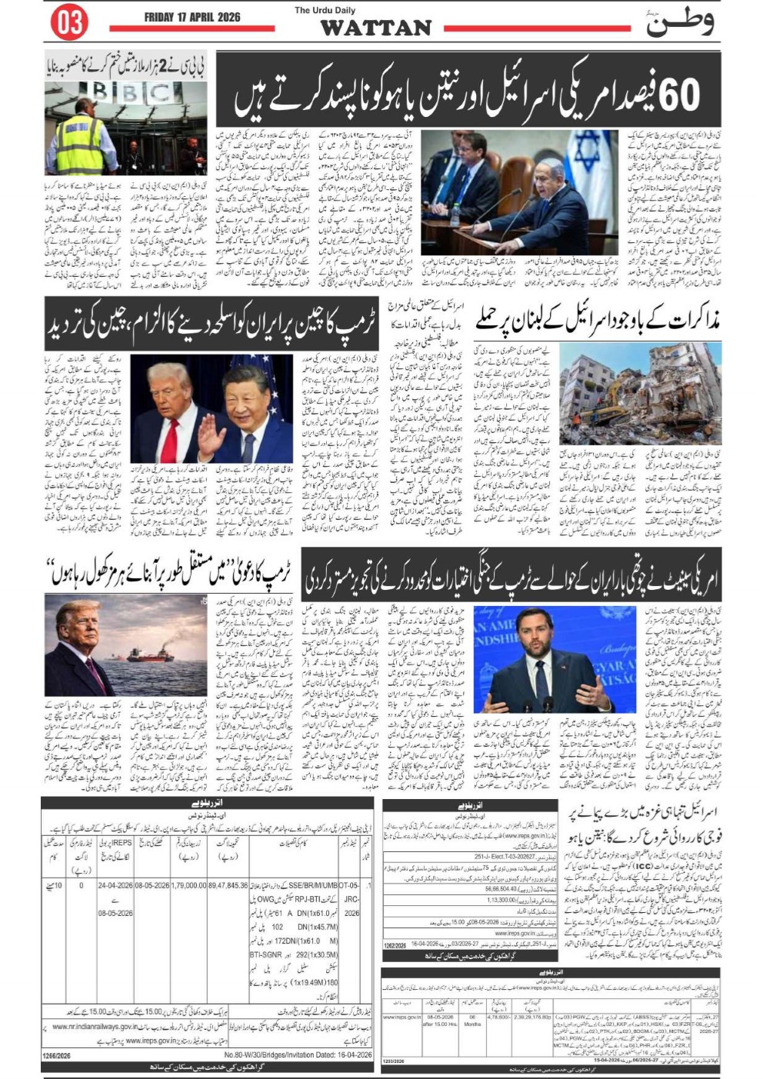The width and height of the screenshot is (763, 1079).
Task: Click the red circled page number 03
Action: (x=68, y=22)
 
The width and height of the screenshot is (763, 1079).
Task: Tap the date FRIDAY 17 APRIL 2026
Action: (x=192, y=17)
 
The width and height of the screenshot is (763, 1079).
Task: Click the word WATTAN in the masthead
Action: (x=375, y=28)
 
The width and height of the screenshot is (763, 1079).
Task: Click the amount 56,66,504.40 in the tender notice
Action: (x=501, y=888)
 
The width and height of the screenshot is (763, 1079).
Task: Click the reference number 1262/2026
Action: (x=395, y=944)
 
